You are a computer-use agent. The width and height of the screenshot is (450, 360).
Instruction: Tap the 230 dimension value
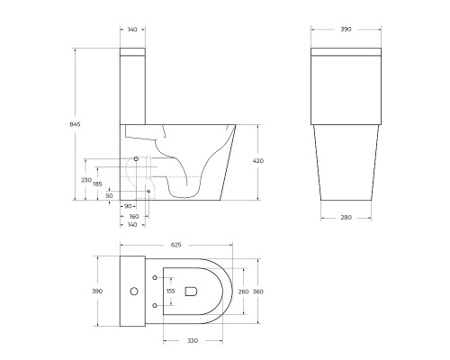[x=86, y=180]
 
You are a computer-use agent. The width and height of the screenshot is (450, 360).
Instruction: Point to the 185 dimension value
[x=97, y=184]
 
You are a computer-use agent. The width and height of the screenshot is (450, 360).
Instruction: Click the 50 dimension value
[x=110, y=195]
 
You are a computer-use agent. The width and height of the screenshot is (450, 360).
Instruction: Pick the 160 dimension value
[x=133, y=216]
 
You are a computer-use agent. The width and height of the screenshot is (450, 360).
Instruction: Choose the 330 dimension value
[x=193, y=339]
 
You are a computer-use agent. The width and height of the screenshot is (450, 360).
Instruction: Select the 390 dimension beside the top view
[x=97, y=292]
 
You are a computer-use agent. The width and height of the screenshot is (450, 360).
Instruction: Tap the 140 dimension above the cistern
[x=133, y=31]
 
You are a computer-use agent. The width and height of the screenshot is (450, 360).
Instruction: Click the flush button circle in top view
[x=133, y=292]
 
